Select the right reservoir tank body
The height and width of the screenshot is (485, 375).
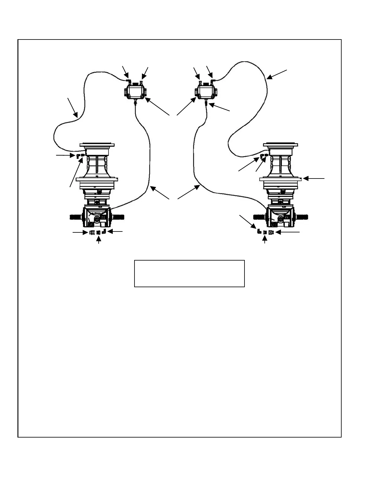point(206,91)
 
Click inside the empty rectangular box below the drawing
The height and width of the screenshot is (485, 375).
point(189,273)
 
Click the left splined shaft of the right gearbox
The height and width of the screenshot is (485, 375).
point(260,217)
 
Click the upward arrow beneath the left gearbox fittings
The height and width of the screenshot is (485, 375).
point(98,241)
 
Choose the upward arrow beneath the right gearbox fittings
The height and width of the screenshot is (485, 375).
point(265,241)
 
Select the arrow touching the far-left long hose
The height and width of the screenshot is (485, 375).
point(73,107)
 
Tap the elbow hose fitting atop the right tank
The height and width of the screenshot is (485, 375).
point(212,81)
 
